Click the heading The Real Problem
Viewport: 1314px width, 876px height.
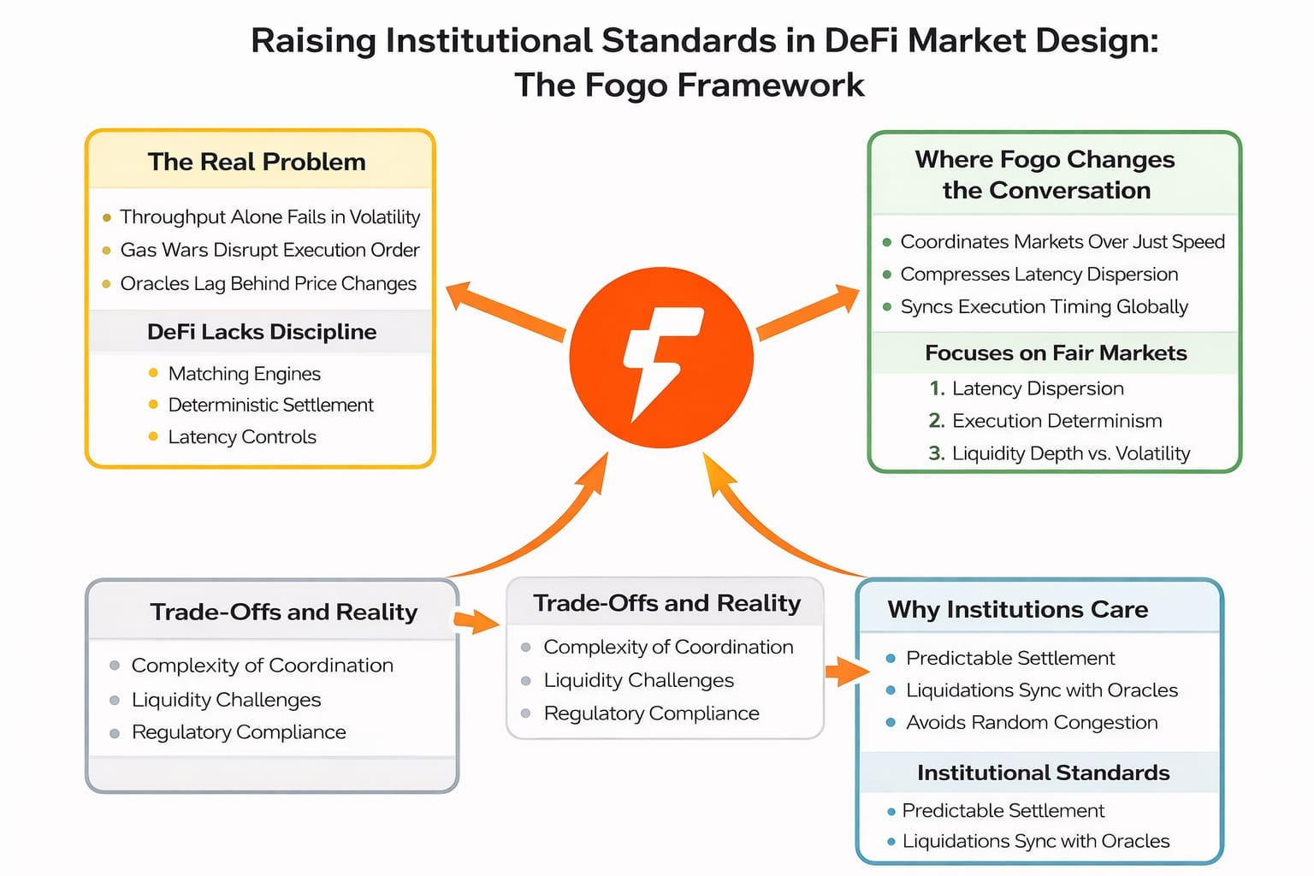[x=257, y=162]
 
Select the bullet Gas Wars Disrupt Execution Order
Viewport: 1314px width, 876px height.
[x=269, y=250]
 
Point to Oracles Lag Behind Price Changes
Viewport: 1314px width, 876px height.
[x=268, y=283]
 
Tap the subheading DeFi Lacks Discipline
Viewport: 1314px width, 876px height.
[x=262, y=332]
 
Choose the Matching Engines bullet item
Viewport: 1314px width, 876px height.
[x=244, y=373]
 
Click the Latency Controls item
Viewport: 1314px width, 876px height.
[x=242, y=437]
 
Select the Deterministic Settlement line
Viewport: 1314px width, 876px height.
[x=270, y=405]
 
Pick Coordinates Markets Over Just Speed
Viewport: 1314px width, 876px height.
[x=1062, y=241]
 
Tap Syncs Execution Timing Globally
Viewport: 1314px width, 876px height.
[x=1044, y=306]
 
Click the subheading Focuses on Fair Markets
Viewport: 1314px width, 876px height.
[x=1056, y=352]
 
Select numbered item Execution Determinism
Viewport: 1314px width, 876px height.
[x=1057, y=421]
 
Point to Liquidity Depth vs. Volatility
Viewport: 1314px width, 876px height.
[x=1070, y=453]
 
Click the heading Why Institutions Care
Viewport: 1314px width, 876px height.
[x=1017, y=609]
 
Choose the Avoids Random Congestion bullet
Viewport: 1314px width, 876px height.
[x=1032, y=723]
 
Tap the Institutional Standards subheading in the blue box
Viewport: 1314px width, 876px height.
[x=1043, y=772]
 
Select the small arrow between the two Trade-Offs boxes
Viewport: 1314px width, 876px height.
[x=476, y=620]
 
